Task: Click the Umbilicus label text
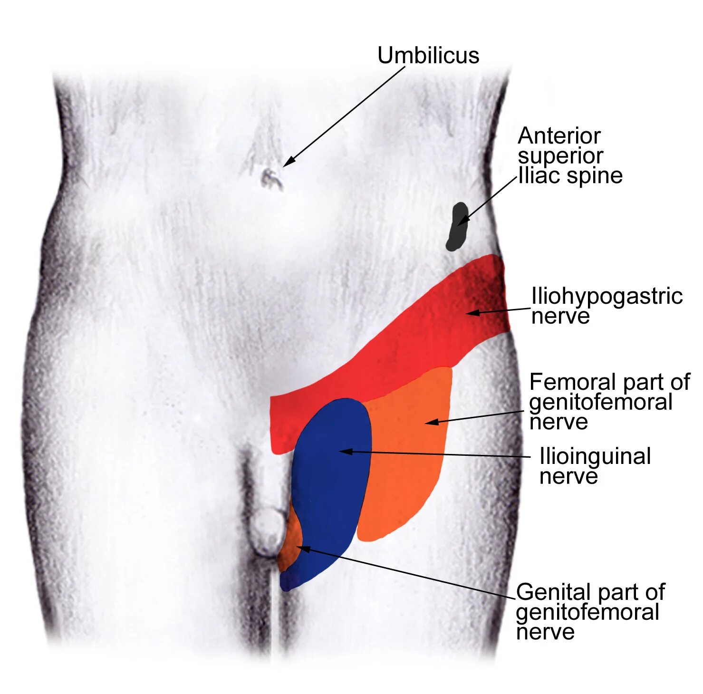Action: click(428, 55)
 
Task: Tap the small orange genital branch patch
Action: click(291, 542)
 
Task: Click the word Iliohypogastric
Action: click(607, 297)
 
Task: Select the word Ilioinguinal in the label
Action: click(595, 456)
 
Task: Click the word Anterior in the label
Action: click(559, 136)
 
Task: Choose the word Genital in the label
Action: click(552, 592)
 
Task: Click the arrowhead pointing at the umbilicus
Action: click(288, 162)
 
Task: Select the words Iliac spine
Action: click(570, 176)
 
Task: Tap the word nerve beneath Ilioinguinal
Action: click(568, 476)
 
